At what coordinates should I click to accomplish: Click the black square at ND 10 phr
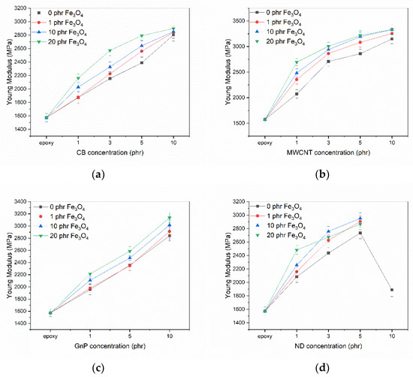392,290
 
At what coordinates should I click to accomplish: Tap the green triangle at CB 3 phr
110,50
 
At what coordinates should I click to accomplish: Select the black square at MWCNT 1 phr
297,94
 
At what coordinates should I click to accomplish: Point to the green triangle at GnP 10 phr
170,218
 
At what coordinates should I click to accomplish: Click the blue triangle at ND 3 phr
328,231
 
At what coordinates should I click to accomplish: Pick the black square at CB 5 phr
142,62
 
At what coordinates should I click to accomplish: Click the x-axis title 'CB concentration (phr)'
110,152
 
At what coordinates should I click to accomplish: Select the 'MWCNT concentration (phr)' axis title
328,152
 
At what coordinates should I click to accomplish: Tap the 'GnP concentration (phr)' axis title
110,346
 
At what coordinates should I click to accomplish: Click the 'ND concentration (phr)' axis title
328,346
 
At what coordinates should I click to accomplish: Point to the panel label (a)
99,174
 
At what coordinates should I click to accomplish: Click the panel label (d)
322,368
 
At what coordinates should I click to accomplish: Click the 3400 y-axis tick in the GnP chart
20,202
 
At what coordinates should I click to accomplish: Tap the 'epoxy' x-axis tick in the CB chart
47,143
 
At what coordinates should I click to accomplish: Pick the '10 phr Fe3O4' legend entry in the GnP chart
61,227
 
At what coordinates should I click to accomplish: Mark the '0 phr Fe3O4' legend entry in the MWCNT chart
276,13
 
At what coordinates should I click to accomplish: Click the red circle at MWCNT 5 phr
360,42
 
